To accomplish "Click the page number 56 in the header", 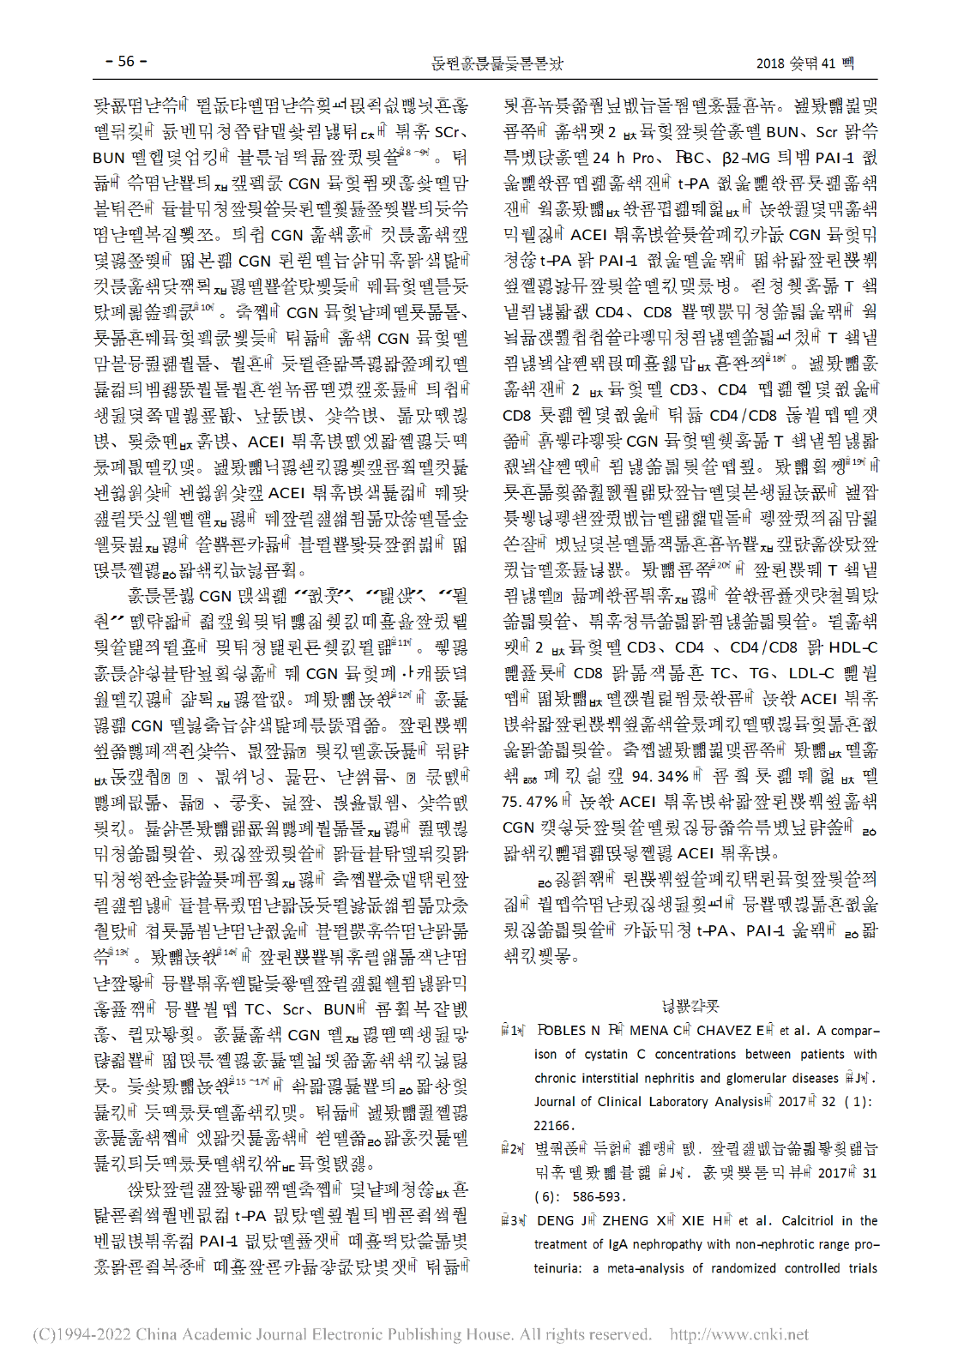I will tap(126, 62).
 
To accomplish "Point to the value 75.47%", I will tap(529, 802).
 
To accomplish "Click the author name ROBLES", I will tap(563, 1030).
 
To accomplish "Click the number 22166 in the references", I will tap(553, 1125).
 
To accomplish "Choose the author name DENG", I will tap(556, 1220).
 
